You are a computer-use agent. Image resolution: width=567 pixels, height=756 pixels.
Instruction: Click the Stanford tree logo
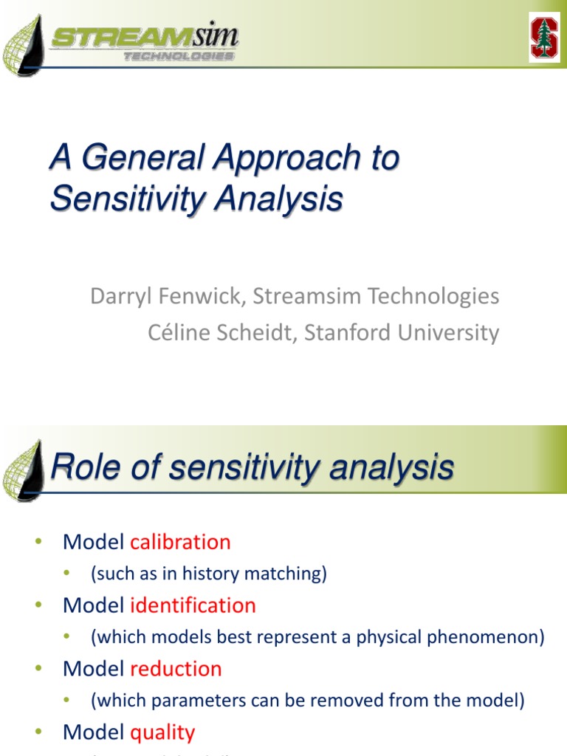point(544,37)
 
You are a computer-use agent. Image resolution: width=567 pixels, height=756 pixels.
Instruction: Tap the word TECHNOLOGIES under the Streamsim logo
point(179,56)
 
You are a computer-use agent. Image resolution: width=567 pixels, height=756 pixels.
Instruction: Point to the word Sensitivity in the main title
point(126,199)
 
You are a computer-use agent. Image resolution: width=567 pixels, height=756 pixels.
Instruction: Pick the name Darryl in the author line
point(118,297)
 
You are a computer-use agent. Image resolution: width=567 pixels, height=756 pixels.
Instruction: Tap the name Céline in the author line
point(176,332)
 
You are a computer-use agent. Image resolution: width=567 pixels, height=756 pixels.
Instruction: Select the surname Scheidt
point(251,332)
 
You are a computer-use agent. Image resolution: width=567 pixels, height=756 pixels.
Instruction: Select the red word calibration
point(180,542)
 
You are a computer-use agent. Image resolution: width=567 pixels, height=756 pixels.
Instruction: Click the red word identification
point(193,605)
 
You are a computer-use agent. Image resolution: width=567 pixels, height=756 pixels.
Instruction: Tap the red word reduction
point(176,669)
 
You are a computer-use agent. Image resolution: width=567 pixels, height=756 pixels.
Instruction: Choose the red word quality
point(162,732)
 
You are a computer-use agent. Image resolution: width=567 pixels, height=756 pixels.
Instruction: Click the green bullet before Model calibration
point(39,543)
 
